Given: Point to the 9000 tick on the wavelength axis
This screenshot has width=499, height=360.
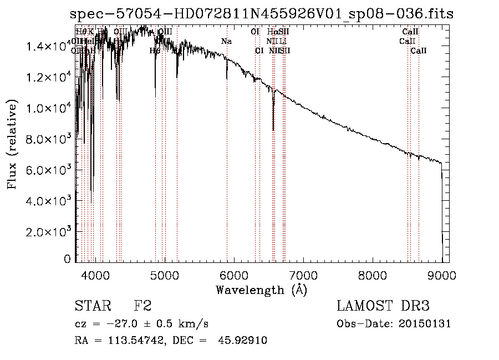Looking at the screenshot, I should tap(442, 275).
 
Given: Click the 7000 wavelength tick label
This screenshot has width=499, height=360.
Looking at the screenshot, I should tap(303, 275).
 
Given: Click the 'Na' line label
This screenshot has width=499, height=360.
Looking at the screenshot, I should tap(226, 41).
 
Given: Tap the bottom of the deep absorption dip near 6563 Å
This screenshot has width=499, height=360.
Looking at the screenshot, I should tap(273, 130).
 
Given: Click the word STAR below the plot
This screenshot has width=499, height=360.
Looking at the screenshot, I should tap(92, 307).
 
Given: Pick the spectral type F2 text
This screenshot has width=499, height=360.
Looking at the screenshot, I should tap(142, 307).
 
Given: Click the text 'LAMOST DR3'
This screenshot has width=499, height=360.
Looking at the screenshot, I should tap(383, 307).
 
